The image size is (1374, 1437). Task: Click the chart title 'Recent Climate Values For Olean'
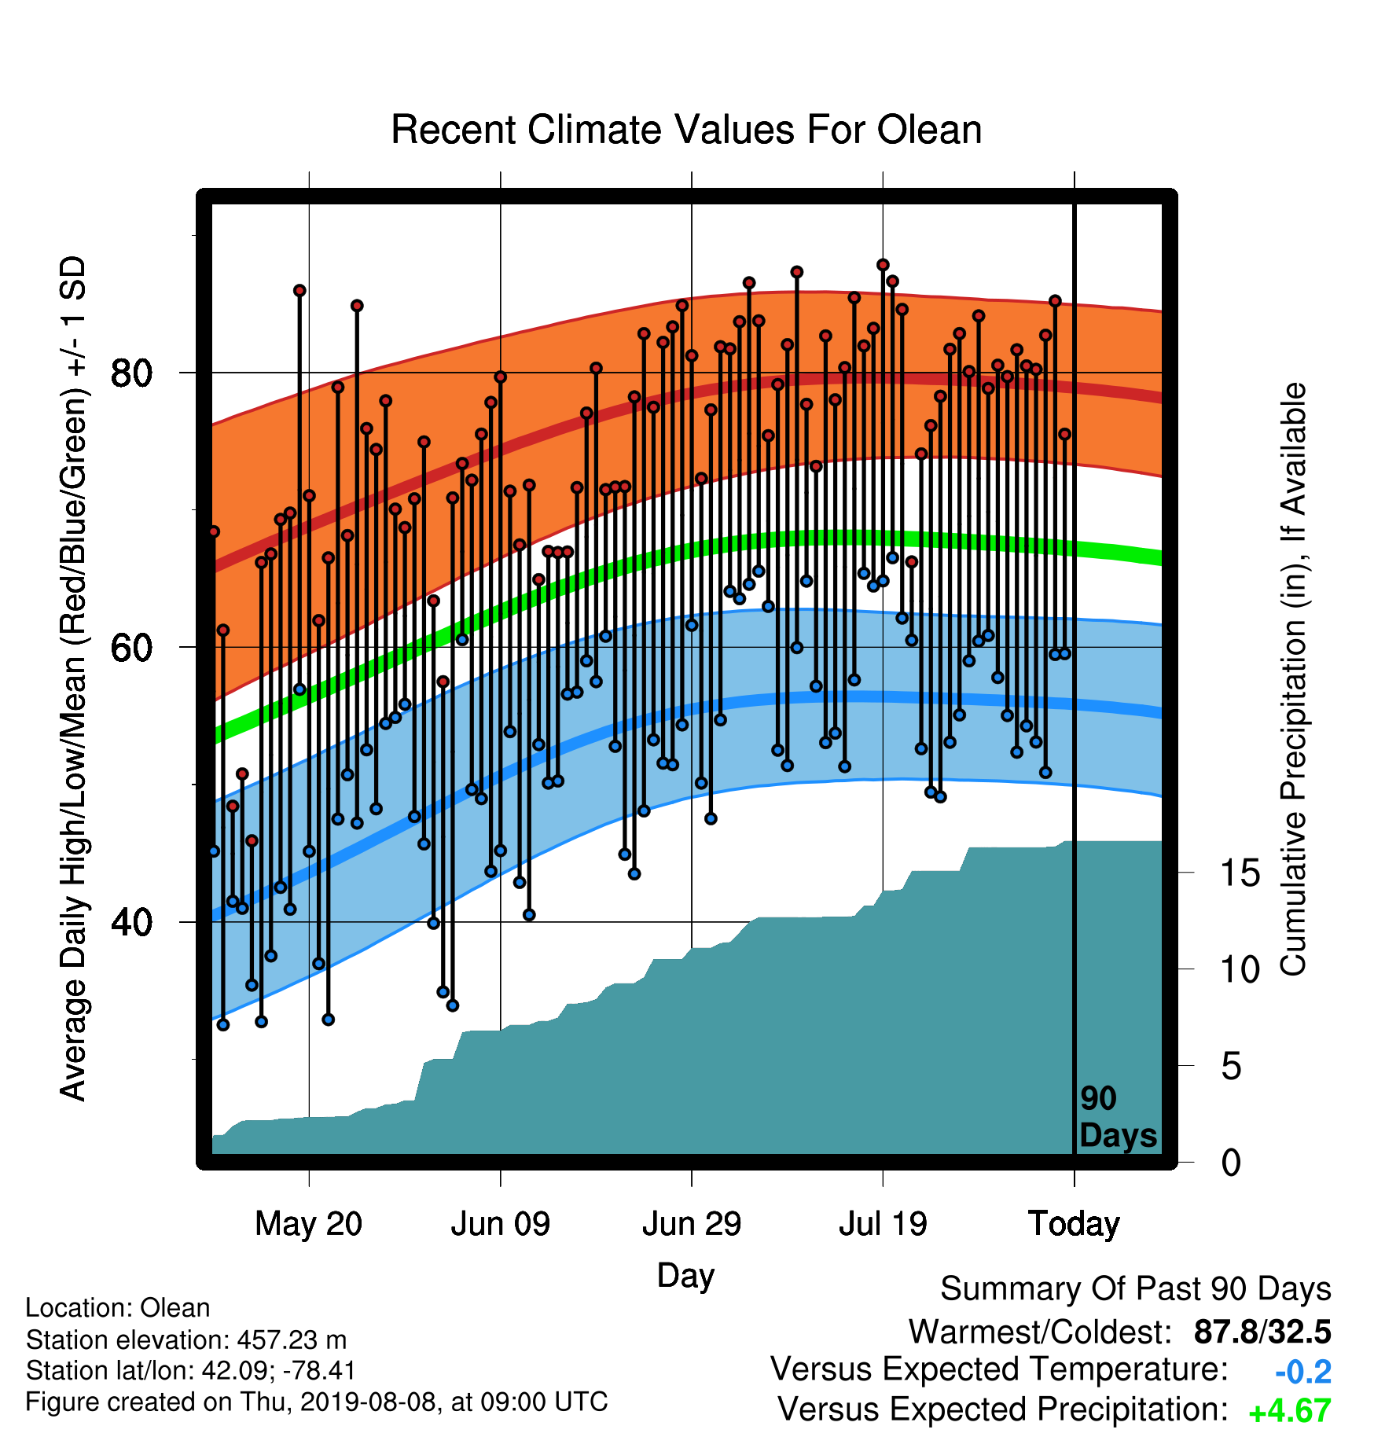coord(686,130)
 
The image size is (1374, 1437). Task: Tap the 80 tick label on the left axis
coord(132,373)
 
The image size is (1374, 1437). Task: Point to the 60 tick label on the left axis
coord(132,648)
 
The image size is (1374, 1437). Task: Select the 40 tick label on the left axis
coord(132,922)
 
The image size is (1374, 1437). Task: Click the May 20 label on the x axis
coord(309,1224)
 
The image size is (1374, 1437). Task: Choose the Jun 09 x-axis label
coord(501,1224)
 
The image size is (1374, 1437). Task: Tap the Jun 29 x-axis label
coord(692,1224)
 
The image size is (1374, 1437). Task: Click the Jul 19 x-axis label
coord(883,1224)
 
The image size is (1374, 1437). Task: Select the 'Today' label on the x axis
coord(1075,1224)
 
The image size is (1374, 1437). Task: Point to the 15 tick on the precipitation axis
coord(1240,873)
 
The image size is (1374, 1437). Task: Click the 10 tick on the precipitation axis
coord(1240,970)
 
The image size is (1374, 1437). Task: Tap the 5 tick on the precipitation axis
coord(1232,1067)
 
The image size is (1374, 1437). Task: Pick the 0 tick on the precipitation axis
coord(1232,1163)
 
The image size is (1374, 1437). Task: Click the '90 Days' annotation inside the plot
coord(1118,1117)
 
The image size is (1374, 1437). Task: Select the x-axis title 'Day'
coord(686,1276)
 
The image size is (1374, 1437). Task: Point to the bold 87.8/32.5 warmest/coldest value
coord(1262,1332)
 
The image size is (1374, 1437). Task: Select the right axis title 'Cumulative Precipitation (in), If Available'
coord(1293,680)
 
